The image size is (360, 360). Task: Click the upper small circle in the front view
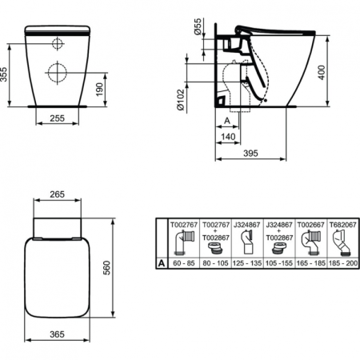pos(58,43)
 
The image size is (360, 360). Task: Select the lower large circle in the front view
pos(58,72)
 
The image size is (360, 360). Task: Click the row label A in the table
pos(162,262)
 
